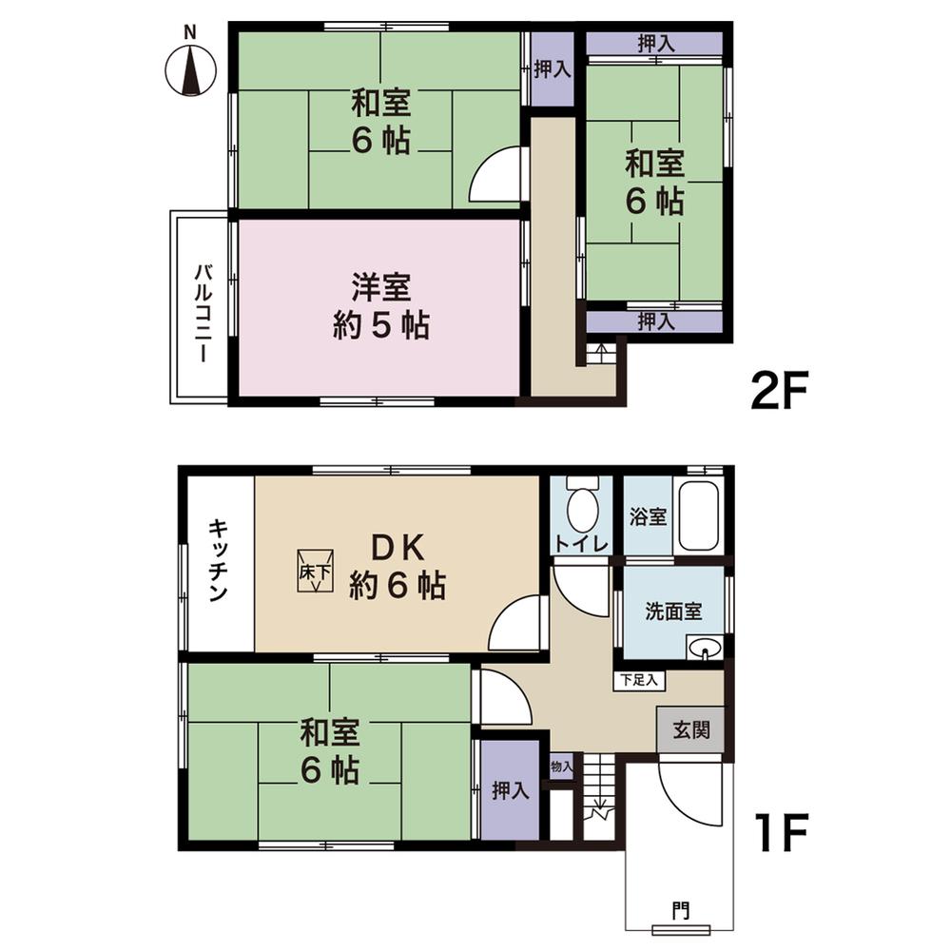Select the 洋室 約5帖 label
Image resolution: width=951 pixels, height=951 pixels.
coord(380,306)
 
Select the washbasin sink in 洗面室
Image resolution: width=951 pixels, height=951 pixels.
coord(705,649)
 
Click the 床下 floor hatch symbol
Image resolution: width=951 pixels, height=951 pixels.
coord(315,570)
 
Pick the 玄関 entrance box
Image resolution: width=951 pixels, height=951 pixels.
coord(691,731)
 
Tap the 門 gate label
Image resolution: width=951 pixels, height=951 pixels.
coord(681,911)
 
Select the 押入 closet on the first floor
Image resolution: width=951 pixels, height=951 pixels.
coord(510,789)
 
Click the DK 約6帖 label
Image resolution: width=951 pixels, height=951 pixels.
coord(397,567)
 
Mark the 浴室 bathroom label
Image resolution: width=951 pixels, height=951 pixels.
coord(648,518)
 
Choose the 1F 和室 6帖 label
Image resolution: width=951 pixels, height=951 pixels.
coord(329,751)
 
